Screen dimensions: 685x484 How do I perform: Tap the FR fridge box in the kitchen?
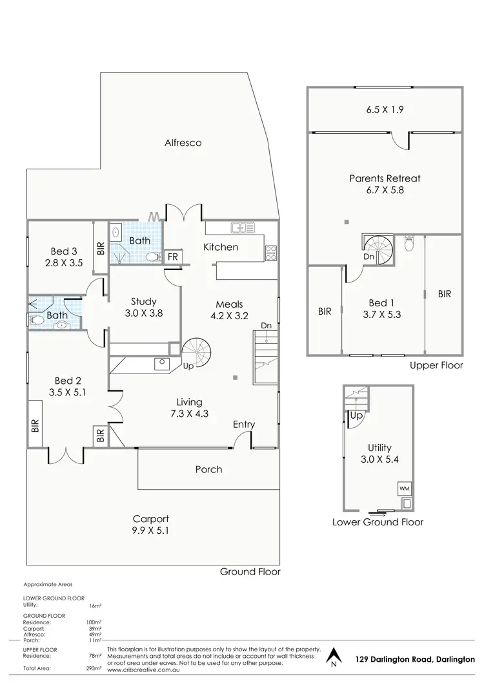click(173, 257)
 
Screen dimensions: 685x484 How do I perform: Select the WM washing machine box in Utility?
click(405, 488)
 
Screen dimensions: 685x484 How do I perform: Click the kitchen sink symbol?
click(244, 227)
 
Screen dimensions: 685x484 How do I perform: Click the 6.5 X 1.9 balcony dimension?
click(384, 110)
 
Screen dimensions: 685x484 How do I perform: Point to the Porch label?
click(208, 469)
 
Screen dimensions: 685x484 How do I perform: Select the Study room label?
click(144, 307)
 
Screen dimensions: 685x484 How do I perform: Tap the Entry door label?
click(244, 425)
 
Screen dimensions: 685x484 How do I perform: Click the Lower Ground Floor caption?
click(378, 522)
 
